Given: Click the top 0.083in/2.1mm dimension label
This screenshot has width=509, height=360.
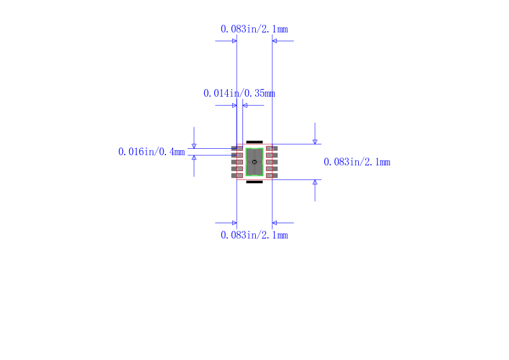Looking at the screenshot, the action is (x=254, y=29).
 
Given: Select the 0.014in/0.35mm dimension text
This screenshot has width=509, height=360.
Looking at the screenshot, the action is (x=239, y=93).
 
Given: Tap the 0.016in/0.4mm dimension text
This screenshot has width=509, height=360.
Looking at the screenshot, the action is (x=151, y=151).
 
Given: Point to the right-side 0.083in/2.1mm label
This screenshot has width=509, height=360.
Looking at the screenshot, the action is (x=357, y=162).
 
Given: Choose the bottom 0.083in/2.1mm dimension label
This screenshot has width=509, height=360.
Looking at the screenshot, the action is (x=254, y=235).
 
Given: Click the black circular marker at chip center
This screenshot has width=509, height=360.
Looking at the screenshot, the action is (x=254, y=162).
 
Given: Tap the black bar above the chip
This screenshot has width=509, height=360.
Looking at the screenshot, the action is (x=254, y=142).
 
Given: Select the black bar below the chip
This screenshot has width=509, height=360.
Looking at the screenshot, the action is (x=254, y=182).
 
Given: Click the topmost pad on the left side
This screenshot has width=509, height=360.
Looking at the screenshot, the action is (x=237, y=148).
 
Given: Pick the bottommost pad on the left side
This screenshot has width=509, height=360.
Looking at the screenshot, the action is (x=237, y=176).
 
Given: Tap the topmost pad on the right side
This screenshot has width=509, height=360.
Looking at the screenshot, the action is (x=272, y=148).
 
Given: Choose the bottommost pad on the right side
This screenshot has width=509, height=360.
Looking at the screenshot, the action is (x=272, y=176).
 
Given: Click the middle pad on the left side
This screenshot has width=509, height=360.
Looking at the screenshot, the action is (x=237, y=162).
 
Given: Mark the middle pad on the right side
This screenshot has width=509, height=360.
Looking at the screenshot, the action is (x=272, y=162).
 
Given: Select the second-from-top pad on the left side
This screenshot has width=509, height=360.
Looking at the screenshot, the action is (x=237, y=155).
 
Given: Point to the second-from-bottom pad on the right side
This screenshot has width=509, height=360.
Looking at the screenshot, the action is (x=272, y=169).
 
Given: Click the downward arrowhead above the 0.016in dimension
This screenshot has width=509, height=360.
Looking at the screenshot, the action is (x=194, y=146).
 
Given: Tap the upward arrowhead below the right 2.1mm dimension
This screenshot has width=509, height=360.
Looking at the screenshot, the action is (x=315, y=182).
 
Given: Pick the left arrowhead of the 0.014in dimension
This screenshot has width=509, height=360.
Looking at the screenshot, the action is (x=234, y=105).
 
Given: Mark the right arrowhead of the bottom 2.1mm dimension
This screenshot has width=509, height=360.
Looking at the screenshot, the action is (x=275, y=223).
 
